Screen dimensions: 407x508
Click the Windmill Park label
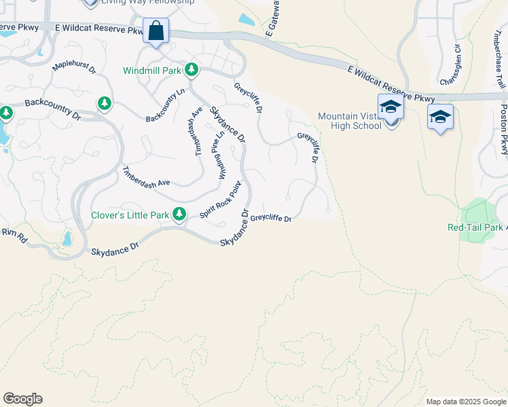[x=151, y=71]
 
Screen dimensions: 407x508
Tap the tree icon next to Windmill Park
[x=192, y=69]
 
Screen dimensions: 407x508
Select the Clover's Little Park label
[x=130, y=216]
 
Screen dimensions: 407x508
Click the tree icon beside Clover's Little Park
[x=179, y=215]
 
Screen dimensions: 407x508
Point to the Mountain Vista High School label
[x=349, y=120]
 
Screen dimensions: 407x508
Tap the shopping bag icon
[x=156, y=31]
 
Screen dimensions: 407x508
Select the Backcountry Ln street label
[x=166, y=105]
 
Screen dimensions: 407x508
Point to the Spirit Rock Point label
[x=221, y=201]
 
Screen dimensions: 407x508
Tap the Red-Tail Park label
[x=475, y=227]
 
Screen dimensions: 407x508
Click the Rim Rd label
[x=14, y=234]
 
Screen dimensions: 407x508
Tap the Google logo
[x=22, y=399]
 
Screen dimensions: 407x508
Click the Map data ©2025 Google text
[x=465, y=402]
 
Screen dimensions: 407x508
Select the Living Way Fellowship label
[x=147, y=2]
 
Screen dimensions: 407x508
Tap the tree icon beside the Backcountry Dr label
[x=105, y=103]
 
